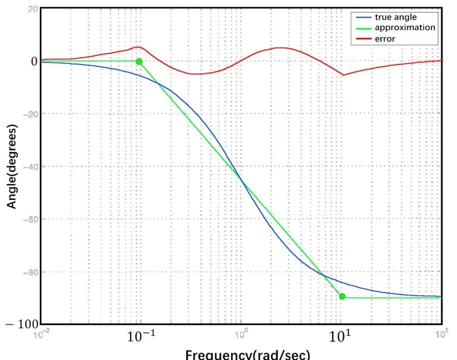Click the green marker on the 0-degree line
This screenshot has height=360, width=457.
pos(139,61)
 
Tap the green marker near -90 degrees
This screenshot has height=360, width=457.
pos(342,296)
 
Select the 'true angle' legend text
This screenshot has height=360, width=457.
pos(395,17)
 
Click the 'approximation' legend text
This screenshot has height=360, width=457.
pos(405,28)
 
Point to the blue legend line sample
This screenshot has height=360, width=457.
pos(363,18)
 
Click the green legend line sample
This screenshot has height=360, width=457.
pos(363,28)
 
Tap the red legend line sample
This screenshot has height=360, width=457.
pos(363,39)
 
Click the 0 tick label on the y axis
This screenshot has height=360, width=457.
pos(33,61)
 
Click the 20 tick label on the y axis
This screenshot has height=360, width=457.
pos(33,9)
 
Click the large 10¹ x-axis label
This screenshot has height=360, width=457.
pos(341,338)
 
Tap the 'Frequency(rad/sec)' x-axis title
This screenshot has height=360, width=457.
pos(248,355)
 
